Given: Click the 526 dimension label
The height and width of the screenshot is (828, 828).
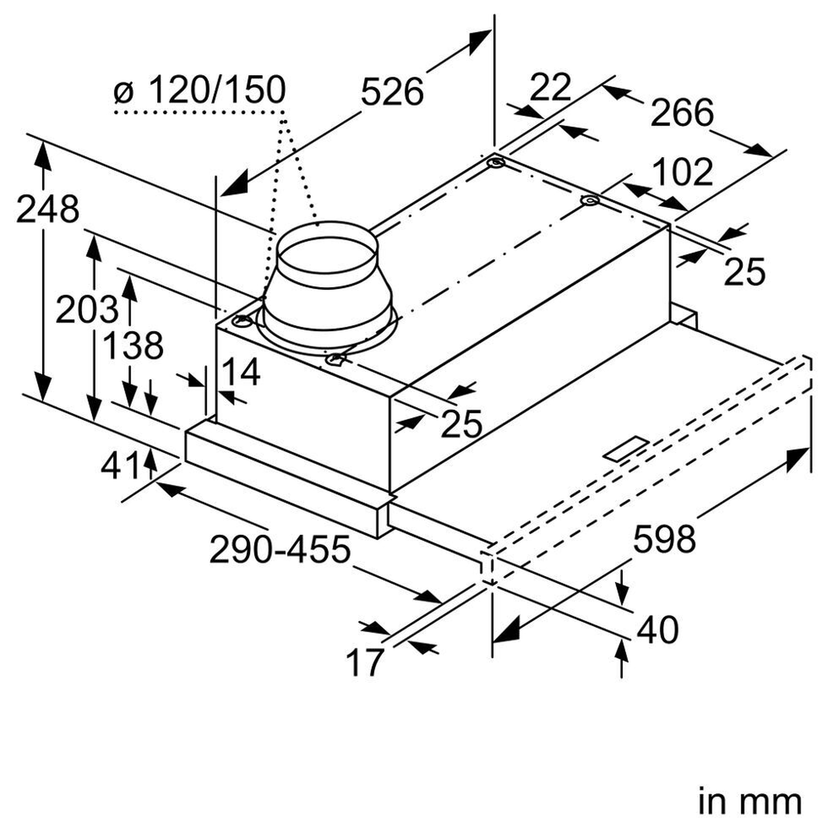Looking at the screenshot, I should point(392,91).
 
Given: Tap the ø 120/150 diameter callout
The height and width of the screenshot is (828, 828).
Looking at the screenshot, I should point(200,89).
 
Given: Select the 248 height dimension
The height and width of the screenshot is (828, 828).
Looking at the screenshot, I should point(48,209).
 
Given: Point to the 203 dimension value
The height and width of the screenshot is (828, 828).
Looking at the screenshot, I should point(87,309).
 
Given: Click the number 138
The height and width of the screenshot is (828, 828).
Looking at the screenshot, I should point(133,345).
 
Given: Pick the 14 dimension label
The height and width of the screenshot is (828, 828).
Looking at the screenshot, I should point(241,372).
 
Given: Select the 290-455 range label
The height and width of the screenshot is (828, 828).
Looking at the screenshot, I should point(280,549).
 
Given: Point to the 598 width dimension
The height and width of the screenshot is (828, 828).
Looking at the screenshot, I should point(664,539).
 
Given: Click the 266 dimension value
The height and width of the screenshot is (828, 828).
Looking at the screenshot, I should point(682,113).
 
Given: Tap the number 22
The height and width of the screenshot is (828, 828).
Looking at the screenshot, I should point(550,88).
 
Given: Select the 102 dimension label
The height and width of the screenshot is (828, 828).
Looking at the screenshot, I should point(681,172).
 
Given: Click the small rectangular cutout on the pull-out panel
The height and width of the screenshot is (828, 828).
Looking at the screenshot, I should point(626,449).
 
